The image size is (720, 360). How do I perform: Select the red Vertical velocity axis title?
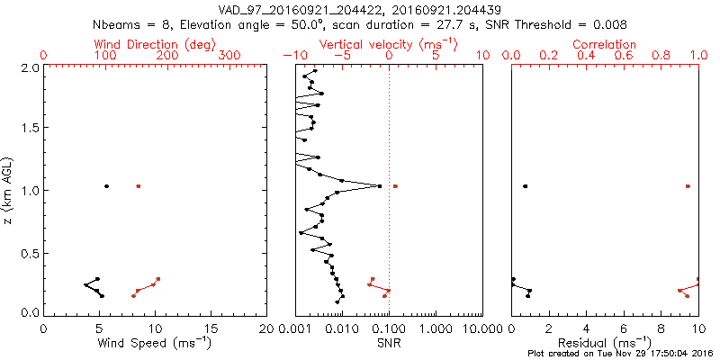coord(388,44)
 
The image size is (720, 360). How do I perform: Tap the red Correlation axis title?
coord(605,44)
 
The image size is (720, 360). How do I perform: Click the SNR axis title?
coord(388,342)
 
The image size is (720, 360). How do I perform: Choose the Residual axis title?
coord(605,342)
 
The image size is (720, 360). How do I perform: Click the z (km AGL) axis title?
coord(10,188)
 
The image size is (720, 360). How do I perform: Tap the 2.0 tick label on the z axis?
coord(30,67)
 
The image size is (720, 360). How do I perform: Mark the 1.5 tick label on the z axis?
coord(30,129)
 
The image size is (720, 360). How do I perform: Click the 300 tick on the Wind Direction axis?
coord(230,56)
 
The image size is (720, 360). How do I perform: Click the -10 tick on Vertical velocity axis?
coord(290,56)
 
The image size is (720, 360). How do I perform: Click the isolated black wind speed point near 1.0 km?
coord(106,186)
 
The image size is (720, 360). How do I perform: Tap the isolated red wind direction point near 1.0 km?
coord(139,186)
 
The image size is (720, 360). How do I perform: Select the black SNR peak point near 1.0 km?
coord(380,186)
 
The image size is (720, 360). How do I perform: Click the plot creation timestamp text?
coord(620,354)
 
